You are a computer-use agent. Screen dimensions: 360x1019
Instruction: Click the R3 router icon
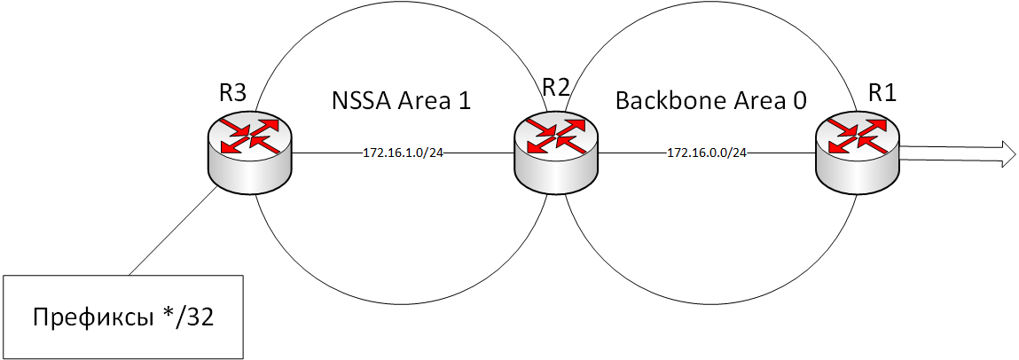coord(249,153)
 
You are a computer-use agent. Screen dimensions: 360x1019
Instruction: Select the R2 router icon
coord(557,153)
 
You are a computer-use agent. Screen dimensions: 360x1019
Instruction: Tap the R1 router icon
coord(858,153)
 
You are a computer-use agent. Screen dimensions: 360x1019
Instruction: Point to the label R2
coord(556,87)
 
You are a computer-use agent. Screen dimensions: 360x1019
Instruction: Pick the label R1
coord(882,91)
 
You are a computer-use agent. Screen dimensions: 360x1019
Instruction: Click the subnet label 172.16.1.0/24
coord(403,153)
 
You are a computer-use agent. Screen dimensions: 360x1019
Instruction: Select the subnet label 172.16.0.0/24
coord(707,153)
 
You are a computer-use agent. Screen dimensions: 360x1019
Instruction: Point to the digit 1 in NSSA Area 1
coord(463,100)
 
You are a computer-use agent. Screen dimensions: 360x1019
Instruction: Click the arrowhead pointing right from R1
coord(1006,153)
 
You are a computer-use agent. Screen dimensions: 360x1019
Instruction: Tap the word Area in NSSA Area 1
coord(425,100)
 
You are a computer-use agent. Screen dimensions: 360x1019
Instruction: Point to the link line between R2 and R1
coord(639,153)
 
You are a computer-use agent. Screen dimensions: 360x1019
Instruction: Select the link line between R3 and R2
coord(328,153)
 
